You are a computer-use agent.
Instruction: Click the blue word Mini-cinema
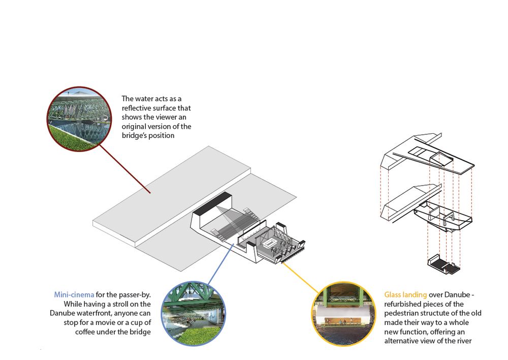[74, 294]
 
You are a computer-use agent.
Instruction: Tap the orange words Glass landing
[405, 295]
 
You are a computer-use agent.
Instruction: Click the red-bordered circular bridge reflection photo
[79, 119]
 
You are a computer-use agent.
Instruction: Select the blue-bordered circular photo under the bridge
[194, 314]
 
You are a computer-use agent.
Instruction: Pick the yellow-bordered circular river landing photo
[344, 314]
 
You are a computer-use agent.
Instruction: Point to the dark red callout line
[125, 169]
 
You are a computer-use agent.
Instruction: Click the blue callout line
[220, 264]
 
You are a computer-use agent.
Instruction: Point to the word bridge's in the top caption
[133, 136]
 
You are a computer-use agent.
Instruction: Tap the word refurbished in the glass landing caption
[400, 304]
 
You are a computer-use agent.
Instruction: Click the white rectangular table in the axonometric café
[269, 243]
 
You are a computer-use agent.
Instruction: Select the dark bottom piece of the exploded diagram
[444, 264]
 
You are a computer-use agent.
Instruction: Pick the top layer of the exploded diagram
[428, 153]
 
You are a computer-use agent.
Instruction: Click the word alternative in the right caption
[401, 341]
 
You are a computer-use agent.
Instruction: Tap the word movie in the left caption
[106, 323]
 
